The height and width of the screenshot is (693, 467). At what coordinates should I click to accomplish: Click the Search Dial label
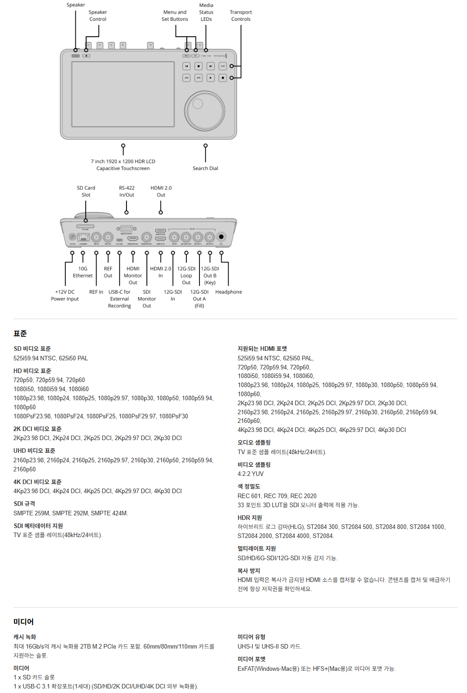(x=205, y=168)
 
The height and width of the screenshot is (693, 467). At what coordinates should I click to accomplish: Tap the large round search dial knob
(x=204, y=111)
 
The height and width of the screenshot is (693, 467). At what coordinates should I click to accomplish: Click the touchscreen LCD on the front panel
(x=123, y=94)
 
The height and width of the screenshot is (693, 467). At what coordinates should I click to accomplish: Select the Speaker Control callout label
(x=97, y=16)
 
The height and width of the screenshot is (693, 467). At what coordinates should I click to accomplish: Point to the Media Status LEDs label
(x=206, y=12)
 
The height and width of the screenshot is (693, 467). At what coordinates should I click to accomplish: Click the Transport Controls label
(x=241, y=16)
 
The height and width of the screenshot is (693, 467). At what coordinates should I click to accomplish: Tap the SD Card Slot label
(x=86, y=191)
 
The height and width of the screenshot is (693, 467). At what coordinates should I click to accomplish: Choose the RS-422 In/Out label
(x=126, y=191)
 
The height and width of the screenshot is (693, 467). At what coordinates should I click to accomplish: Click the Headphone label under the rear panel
(x=229, y=292)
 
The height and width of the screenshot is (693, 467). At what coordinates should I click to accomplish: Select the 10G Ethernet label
(x=83, y=272)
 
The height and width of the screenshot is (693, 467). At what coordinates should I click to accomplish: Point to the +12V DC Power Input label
(x=65, y=296)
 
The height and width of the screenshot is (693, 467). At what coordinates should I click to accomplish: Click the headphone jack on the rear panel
(x=221, y=237)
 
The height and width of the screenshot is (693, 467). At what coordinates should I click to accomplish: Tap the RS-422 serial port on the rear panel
(x=126, y=229)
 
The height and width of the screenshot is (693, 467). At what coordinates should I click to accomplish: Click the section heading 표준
(x=20, y=334)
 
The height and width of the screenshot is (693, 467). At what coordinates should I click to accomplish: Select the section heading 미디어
(x=24, y=622)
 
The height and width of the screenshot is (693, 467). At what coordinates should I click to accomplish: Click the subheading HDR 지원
(x=250, y=518)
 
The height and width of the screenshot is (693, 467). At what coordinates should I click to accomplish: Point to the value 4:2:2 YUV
(x=250, y=474)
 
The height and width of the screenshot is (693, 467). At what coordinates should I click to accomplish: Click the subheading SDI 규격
(x=24, y=504)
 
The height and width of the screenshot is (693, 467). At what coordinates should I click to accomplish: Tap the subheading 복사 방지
(x=249, y=571)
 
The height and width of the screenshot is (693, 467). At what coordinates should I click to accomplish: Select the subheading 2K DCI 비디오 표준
(x=37, y=429)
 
